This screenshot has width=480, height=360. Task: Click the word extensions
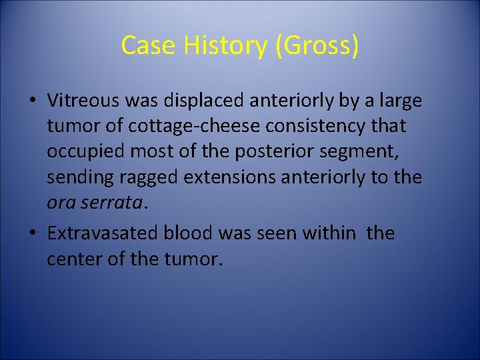coord(230,178)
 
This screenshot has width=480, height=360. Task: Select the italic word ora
coord(59,203)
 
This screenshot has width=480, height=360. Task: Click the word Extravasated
coord(106,233)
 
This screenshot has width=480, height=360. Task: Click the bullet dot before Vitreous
coord(32,101)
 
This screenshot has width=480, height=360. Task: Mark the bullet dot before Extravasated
coord(32,234)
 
